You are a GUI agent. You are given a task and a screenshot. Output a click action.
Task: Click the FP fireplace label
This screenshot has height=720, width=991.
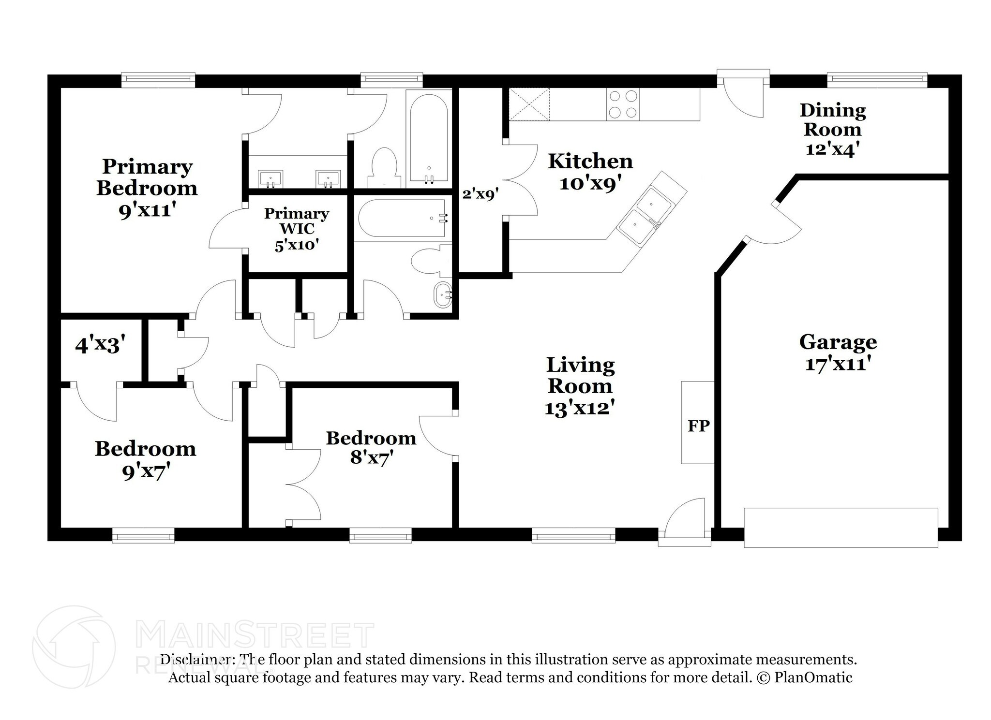tap(698, 426)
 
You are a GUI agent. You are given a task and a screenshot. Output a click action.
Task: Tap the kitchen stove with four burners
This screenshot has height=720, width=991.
tap(623, 104)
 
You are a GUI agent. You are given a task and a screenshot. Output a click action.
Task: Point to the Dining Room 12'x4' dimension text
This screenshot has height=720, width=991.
tap(832, 149)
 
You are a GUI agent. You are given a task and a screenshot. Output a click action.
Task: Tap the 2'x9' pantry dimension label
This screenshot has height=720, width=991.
tap(480, 194)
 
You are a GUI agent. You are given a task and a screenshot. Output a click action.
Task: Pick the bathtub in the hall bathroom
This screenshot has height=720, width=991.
tap(402, 219)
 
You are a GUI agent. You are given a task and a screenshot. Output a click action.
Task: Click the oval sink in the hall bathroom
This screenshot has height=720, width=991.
tap(443, 294)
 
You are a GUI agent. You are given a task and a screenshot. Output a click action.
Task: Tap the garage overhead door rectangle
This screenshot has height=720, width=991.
tap(841, 527)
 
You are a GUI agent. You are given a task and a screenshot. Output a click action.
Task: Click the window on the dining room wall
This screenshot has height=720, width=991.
tap(877, 79)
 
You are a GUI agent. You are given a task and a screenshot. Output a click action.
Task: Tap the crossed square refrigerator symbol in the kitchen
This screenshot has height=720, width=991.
tap(529, 104)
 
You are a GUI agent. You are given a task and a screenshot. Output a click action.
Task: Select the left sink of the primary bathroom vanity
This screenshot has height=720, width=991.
tap(270, 178)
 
